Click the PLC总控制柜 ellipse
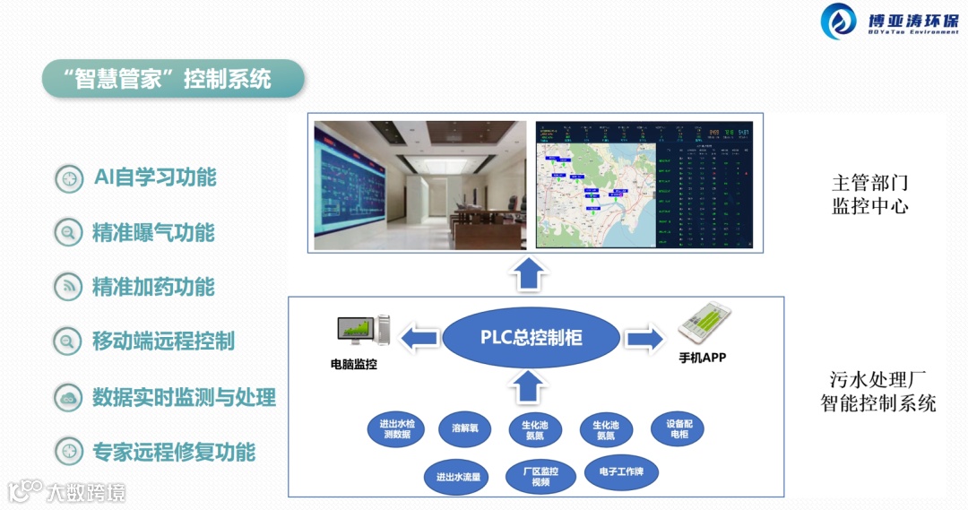pos(531,338)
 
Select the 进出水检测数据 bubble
pos(396,428)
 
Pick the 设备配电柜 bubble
pos(678,428)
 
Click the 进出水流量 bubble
pos(458,476)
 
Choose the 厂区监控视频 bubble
pos(540,476)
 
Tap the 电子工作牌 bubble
pos(621,471)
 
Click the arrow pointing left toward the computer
pos(419,338)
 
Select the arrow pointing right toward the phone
pos(644,338)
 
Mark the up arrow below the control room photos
pos(530,272)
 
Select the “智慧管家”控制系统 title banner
pos(172,79)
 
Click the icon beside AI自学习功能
pos(68,178)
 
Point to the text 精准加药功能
pos(153,287)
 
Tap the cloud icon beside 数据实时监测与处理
pos(68,398)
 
